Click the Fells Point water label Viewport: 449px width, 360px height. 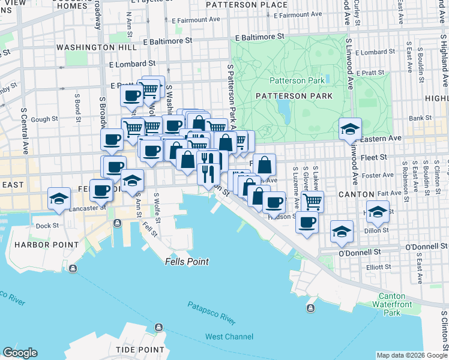pyautogui.click(x=187, y=262)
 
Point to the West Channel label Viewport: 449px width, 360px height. pyautogui.click(x=229, y=337)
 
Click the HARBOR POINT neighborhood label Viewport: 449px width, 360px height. pyautogui.click(x=47, y=245)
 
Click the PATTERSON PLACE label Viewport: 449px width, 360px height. pyautogui.click(x=247, y=5)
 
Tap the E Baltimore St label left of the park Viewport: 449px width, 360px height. pyautogui.click(x=167, y=41)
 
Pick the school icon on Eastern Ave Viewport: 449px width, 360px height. pyautogui.click(x=350, y=128)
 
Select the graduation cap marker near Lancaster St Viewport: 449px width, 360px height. pyautogui.click(x=59, y=199)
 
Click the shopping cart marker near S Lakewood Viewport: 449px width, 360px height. pyautogui.click(x=312, y=200)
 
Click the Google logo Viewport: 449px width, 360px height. pyautogui.click(x=20, y=353)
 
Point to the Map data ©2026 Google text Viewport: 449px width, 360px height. pyautogui.click(x=411, y=355)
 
